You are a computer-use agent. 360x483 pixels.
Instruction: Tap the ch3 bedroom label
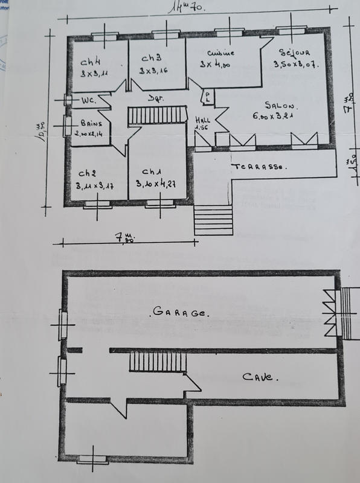pos(150,59)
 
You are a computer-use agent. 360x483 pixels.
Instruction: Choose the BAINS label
pos(89,121)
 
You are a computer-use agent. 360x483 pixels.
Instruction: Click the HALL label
pos(202,119)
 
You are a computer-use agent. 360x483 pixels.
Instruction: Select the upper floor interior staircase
pos(156,114)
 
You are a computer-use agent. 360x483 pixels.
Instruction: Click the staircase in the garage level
pos(156,363)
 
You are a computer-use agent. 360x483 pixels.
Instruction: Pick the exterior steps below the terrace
pos(212,219)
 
